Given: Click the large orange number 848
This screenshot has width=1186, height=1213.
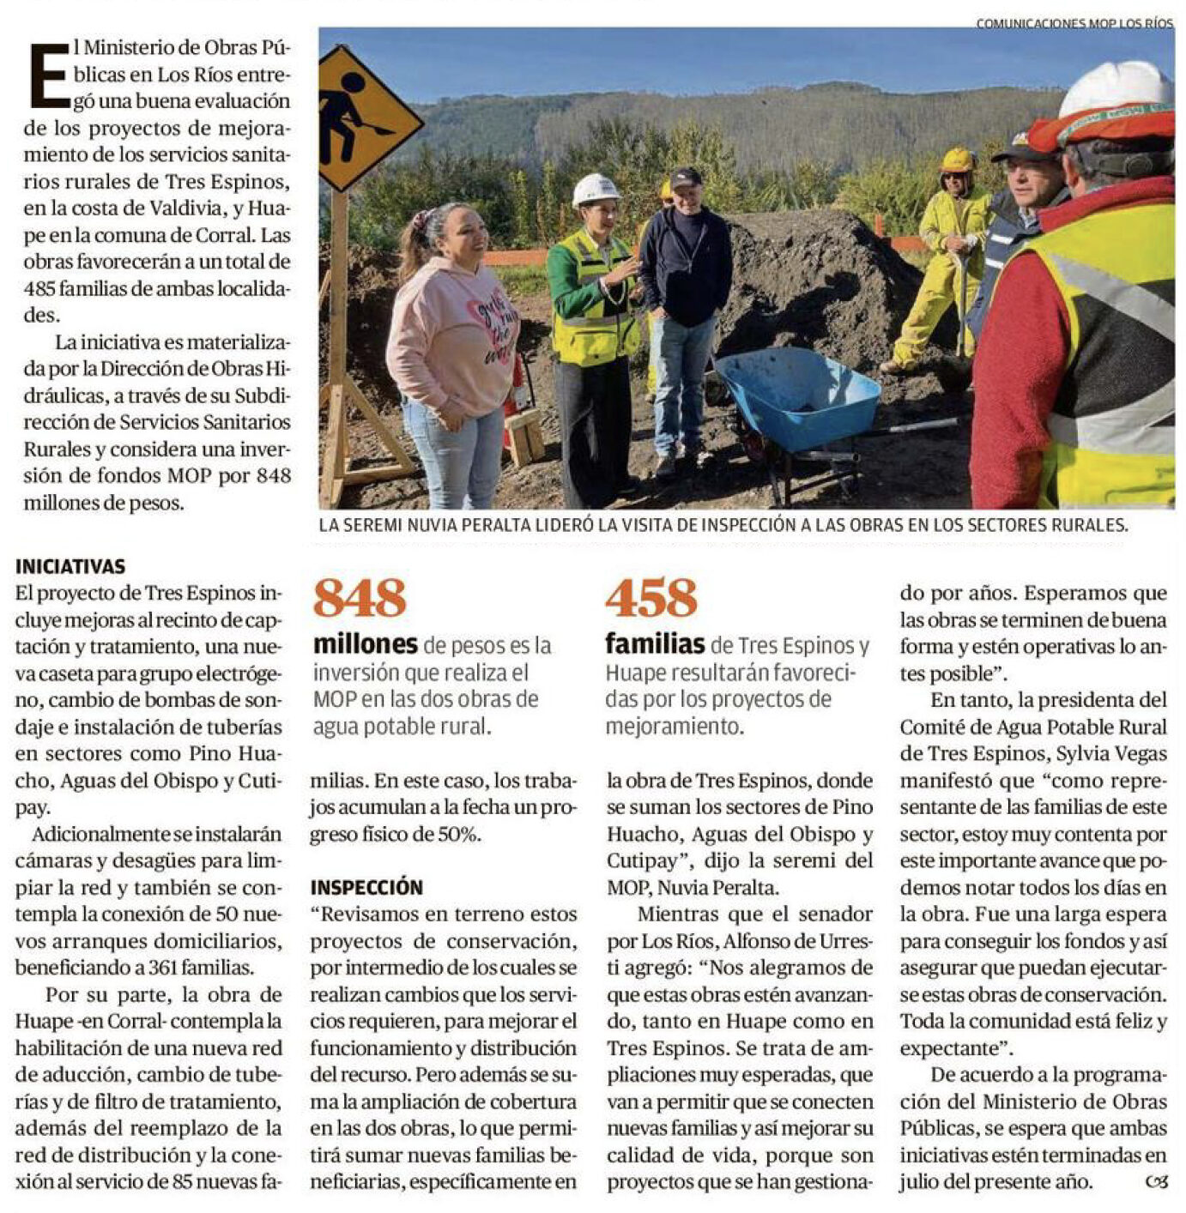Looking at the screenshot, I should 359,598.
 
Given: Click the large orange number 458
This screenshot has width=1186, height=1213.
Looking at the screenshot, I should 651,598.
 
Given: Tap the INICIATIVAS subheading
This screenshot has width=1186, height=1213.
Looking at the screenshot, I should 70,566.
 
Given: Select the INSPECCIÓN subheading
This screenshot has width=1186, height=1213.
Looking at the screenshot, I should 366,887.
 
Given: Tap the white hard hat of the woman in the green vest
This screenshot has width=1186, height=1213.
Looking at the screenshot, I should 595,189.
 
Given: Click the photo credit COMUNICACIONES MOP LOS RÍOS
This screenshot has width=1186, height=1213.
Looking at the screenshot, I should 1074,23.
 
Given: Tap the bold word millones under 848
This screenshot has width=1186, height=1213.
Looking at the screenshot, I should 365,644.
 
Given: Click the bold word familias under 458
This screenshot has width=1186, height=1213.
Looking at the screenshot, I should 655,644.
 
